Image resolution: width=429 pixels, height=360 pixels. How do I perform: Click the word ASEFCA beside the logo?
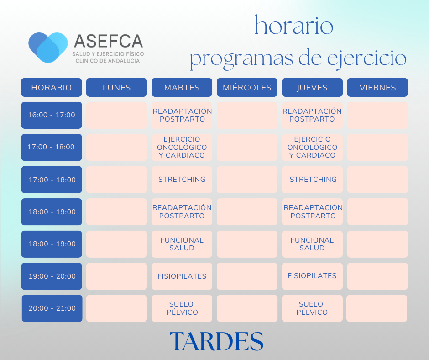pyautogui.click(x=108, y=41)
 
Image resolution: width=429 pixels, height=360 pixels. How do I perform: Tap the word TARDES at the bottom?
pyautogui.click(x=216, y=341)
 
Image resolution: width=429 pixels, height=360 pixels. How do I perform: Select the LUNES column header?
pyautogui.click(x=116, y=87)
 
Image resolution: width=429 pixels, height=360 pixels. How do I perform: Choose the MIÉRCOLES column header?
pyautogui.click(x=247, y=87)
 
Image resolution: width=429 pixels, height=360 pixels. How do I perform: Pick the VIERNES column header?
pyautogui.click(x=377, y=87)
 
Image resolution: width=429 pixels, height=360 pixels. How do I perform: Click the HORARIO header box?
pyautogui.click(x=52, y=87)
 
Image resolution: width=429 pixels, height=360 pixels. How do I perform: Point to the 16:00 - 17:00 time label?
pyautogui.click(x=52, y=115)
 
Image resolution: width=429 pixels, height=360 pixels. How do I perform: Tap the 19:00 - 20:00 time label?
pyautogui.click(x=52, y=276)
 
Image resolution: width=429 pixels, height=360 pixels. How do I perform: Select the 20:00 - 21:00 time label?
pyautogui.click(x=52, y=308)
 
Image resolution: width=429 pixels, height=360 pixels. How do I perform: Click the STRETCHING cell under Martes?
pyautogui.click(x=182, y=180)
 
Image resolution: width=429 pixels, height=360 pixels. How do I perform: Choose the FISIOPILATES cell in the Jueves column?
pyautogui.click(x=312, y=276)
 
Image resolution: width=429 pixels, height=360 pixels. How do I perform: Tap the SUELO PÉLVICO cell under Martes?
pyautogui.click(x=182, y=308)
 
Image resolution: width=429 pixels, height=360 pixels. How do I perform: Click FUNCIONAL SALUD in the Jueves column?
pyautogui.click(x=312, y=244)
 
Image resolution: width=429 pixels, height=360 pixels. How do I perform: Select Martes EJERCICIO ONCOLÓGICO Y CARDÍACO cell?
pyautogui.click(x=182, y=147)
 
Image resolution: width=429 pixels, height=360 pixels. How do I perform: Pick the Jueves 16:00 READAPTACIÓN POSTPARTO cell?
pyautogui.click(x=312, y=115)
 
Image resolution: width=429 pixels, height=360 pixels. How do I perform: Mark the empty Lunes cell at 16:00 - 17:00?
pyautogui.click(x=116, y=115)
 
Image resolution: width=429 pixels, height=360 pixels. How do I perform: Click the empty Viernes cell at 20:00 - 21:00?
pyautogui.click(x=377, y=308)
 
